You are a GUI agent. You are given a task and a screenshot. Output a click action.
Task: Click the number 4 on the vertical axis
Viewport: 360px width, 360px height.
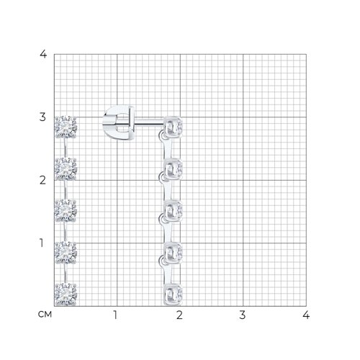tap(43, 54)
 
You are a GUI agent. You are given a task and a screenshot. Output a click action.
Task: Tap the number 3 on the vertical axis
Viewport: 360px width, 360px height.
tap(42, 117)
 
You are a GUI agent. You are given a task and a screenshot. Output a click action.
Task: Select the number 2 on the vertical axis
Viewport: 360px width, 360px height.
tap(42, 180)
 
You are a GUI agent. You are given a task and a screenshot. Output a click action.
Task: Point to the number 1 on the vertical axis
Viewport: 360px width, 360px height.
tap(42, 243)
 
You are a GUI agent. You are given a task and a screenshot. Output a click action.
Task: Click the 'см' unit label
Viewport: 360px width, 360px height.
tap(45, 315)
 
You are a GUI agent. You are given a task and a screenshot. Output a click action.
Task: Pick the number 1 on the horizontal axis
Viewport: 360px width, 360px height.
tap(115, 315)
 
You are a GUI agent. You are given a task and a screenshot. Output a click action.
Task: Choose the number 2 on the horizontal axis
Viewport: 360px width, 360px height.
tap(179, 315)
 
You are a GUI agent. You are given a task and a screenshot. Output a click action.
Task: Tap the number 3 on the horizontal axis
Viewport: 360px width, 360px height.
tap(243, 315)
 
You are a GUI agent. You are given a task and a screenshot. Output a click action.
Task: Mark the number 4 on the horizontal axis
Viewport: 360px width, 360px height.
tap(306, 315)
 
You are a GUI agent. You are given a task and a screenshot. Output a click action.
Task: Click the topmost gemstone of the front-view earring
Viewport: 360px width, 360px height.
tap(66, 127)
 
